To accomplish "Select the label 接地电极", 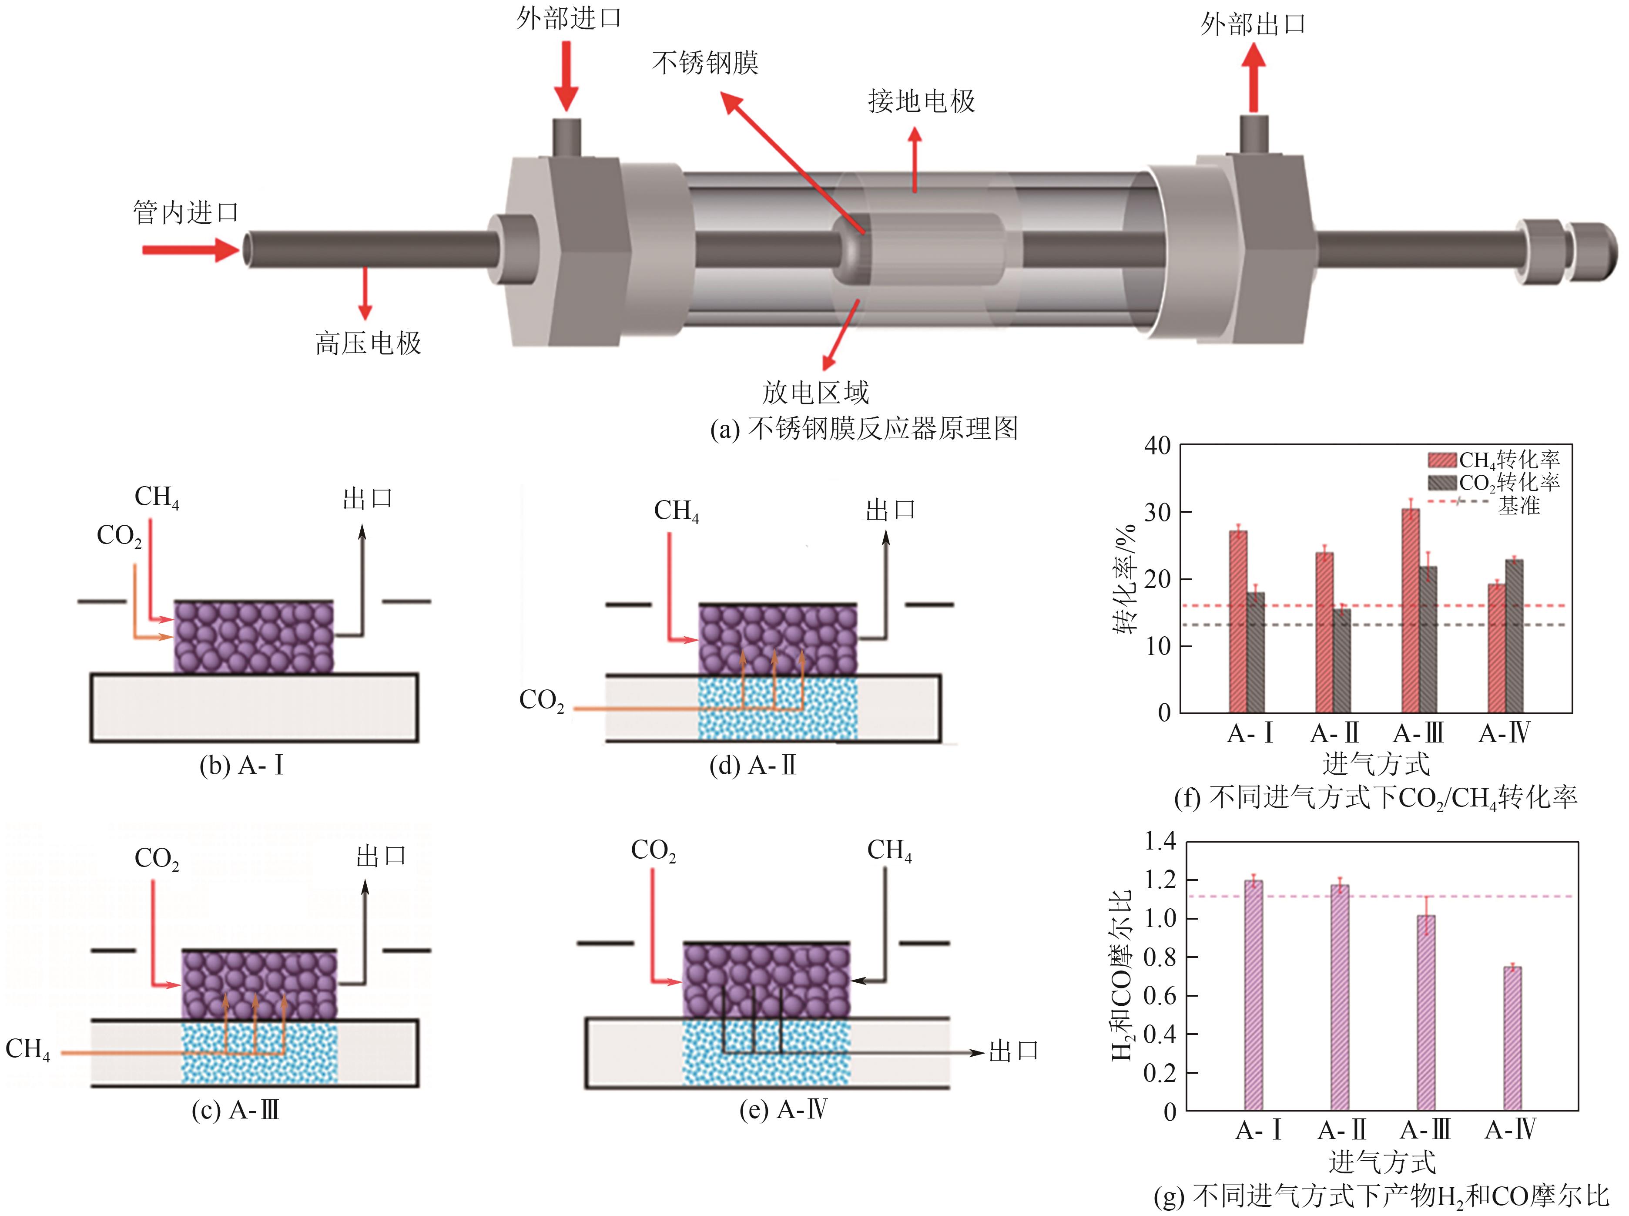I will pyautogui.click(x=921, y=101).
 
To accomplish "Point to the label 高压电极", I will pyautogui.click(x=368, y=343).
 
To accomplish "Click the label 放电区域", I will pyautogui.click(x=815, y=392).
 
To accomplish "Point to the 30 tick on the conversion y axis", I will pyautogui.click(x=1157, y=512).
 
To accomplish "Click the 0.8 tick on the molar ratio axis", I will pyautogui.click(x=1159, y=957).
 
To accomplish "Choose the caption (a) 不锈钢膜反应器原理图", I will pyautogui.click(x=864, y=428).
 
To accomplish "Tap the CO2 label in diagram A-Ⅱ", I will pyautogui.click(x=542, y=700).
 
